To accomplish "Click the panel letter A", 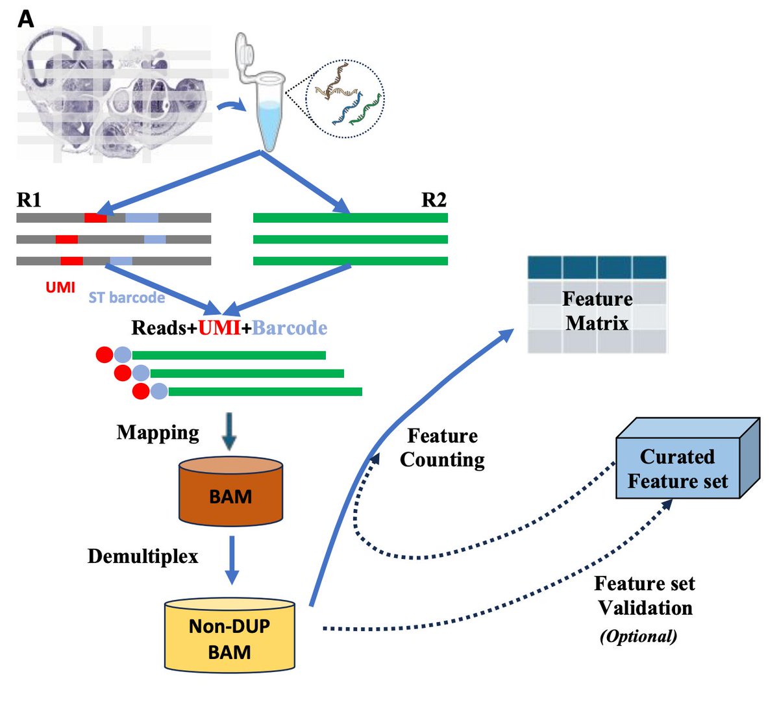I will (26, 19).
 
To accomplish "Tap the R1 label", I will (29, 199).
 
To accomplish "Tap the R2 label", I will (434, 199).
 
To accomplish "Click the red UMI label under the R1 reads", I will (60, 287).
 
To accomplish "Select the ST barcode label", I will (127, 297).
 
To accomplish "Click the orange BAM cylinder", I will (230, 491).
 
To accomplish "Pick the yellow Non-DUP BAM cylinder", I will (230, 636).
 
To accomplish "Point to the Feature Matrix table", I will (597, 305).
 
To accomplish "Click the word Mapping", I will (158, 432).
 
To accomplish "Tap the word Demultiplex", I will (143, 556).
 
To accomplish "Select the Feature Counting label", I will (442, 447).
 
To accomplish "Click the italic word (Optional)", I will (638, 636).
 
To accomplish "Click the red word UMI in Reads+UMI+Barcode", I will (219, 328).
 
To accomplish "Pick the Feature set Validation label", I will (645, 595).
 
